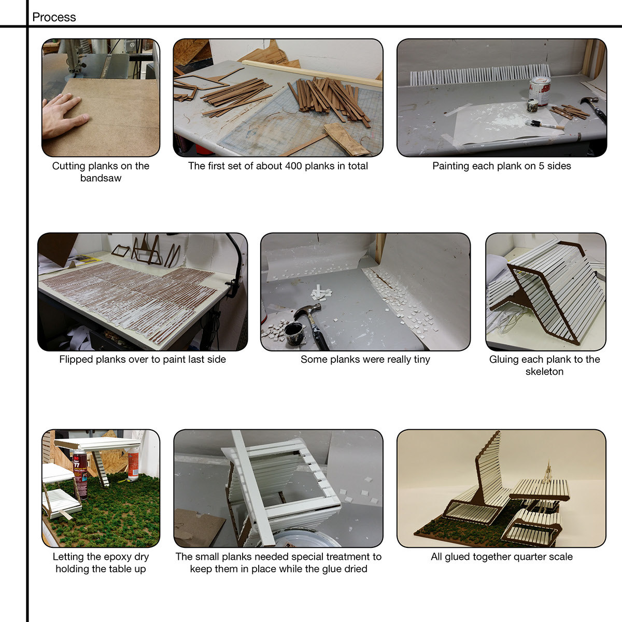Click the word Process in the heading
coord(54,17)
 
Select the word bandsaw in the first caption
coord(101,178)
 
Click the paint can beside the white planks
coord(540,91)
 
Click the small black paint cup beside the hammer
coord(294,333)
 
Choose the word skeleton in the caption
coord(544,372)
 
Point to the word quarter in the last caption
coord(530,557)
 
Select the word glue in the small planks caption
coord(334,569)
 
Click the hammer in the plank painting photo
coord(595,109)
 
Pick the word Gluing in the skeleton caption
coord(504,360)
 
